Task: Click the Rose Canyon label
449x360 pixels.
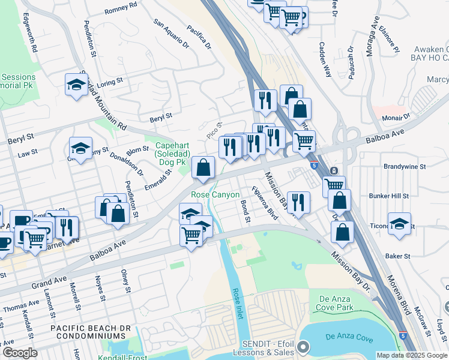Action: (215, 195)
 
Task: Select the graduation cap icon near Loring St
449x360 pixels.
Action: (77, 84)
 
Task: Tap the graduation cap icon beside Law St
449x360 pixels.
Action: (80, 148)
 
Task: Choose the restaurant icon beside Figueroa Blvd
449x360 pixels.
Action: (298, 202)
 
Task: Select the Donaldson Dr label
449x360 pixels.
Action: (127, 163)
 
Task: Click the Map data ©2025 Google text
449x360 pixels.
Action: (411, 355)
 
